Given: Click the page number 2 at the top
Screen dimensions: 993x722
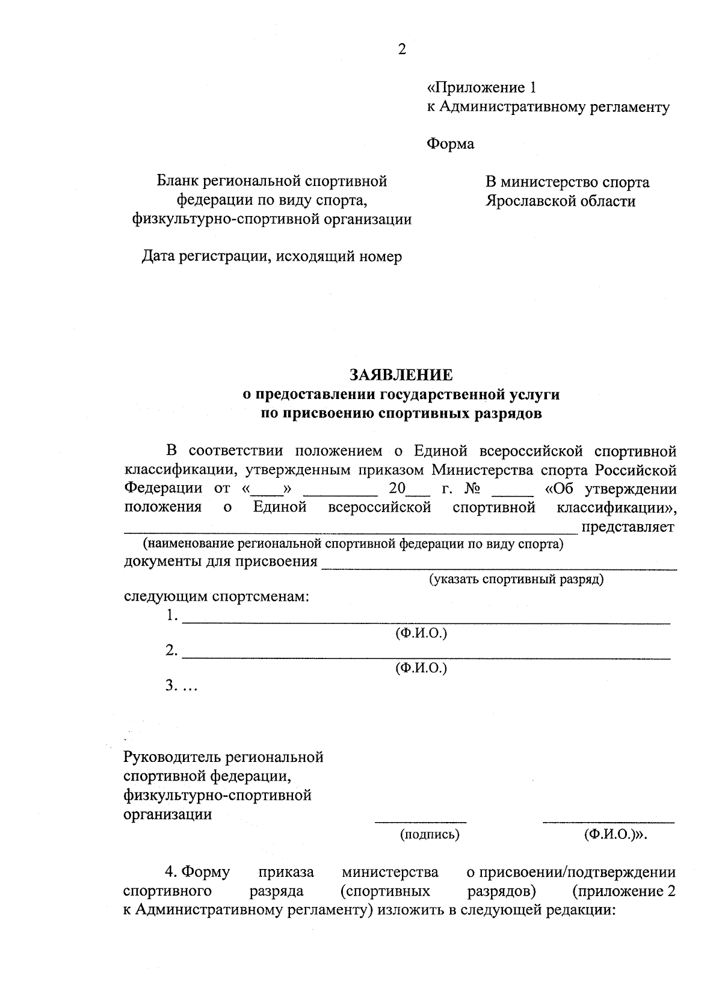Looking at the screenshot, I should (402, 49).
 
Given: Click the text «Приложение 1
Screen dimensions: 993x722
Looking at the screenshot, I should (481, 88).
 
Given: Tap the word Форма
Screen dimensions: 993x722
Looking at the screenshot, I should (450, 144).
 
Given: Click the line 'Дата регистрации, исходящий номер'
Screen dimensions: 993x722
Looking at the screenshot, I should (272, 257).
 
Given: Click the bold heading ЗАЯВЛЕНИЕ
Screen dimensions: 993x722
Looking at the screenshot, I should (401, 376).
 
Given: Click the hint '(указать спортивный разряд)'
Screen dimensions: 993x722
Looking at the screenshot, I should (516, 580).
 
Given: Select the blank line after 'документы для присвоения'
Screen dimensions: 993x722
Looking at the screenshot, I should (499, 568).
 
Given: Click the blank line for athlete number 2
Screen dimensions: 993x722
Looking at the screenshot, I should (426, 658).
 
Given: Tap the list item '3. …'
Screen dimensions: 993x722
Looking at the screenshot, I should (181, 685).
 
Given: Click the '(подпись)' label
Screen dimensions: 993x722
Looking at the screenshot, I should (430, 835).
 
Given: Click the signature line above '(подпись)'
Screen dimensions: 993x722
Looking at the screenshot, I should (421, 821).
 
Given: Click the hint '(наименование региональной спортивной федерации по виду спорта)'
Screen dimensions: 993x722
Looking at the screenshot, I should (353, 545).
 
